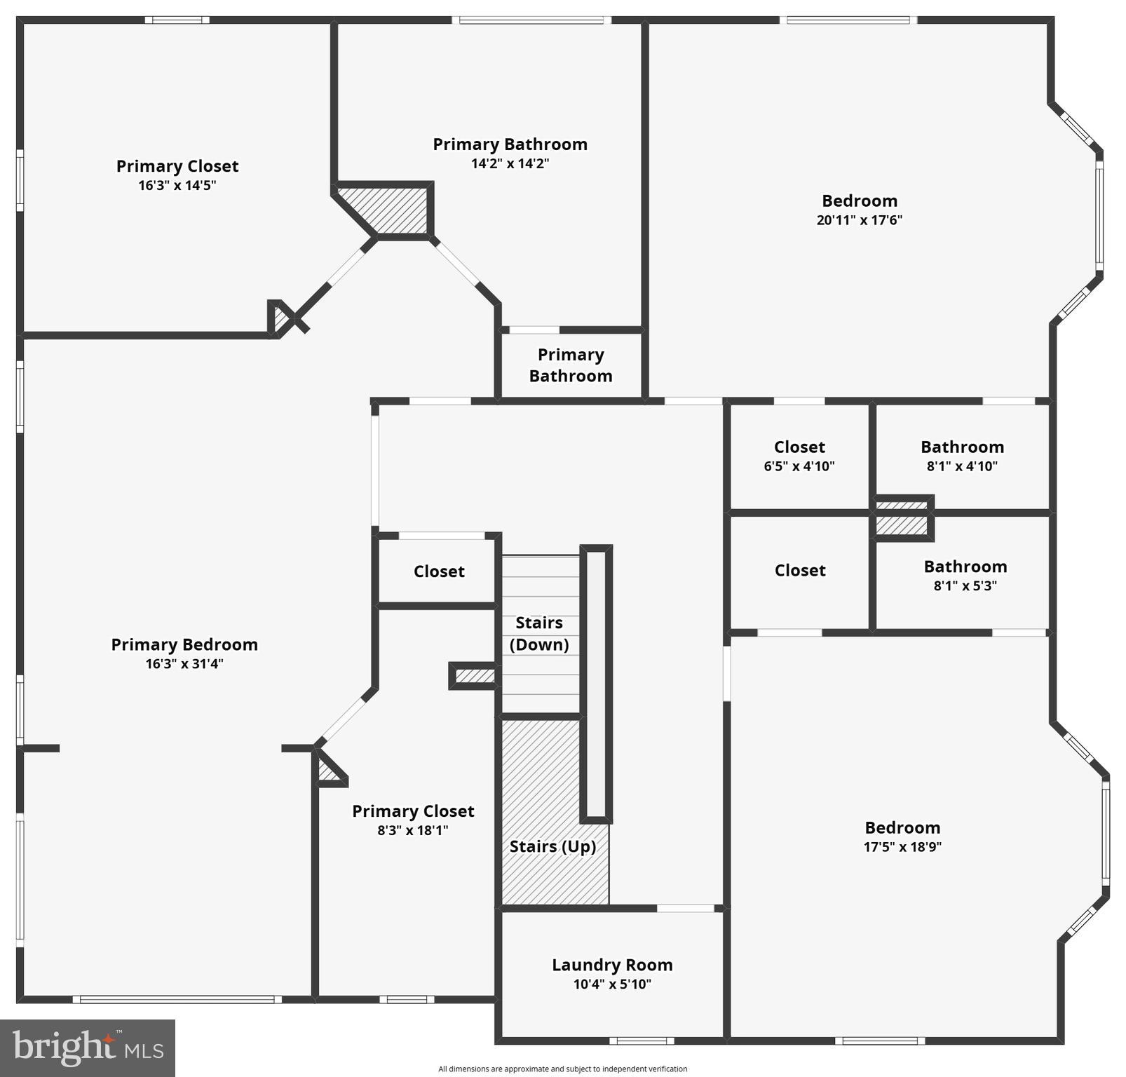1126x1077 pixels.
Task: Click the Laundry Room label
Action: [x=612, y=965]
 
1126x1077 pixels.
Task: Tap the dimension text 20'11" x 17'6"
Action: [x=859, y=220]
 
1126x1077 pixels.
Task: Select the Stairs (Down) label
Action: [x=538, y=634]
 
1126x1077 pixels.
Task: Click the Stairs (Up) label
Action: [x=552, y=846]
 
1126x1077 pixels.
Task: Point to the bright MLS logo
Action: [x=88, y=1048]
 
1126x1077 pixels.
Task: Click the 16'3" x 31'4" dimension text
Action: [x=184, y=664]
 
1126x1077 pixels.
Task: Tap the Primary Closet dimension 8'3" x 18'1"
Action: [x=412, y=831]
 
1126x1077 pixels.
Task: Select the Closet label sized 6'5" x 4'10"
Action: [x=799, y=447]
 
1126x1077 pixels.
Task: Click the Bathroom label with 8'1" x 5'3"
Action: [x=965, y=567]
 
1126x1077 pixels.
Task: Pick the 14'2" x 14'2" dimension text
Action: [x=510, y=164]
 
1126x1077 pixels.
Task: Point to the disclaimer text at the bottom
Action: [x=562, y=1069]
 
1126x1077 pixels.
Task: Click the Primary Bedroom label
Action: [x=184, y=644]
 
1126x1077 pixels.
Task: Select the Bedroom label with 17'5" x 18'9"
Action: [x=902, y=827]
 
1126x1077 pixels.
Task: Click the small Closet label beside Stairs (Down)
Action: [x=439, y=571]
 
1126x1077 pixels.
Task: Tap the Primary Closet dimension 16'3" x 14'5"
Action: [x=177, y=186]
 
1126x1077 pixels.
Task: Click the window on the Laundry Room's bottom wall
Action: [x=641, y=1041]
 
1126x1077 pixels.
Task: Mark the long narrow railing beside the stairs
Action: [x=596, y=684]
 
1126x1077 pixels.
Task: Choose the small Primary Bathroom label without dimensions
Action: [x=571, y=365]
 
